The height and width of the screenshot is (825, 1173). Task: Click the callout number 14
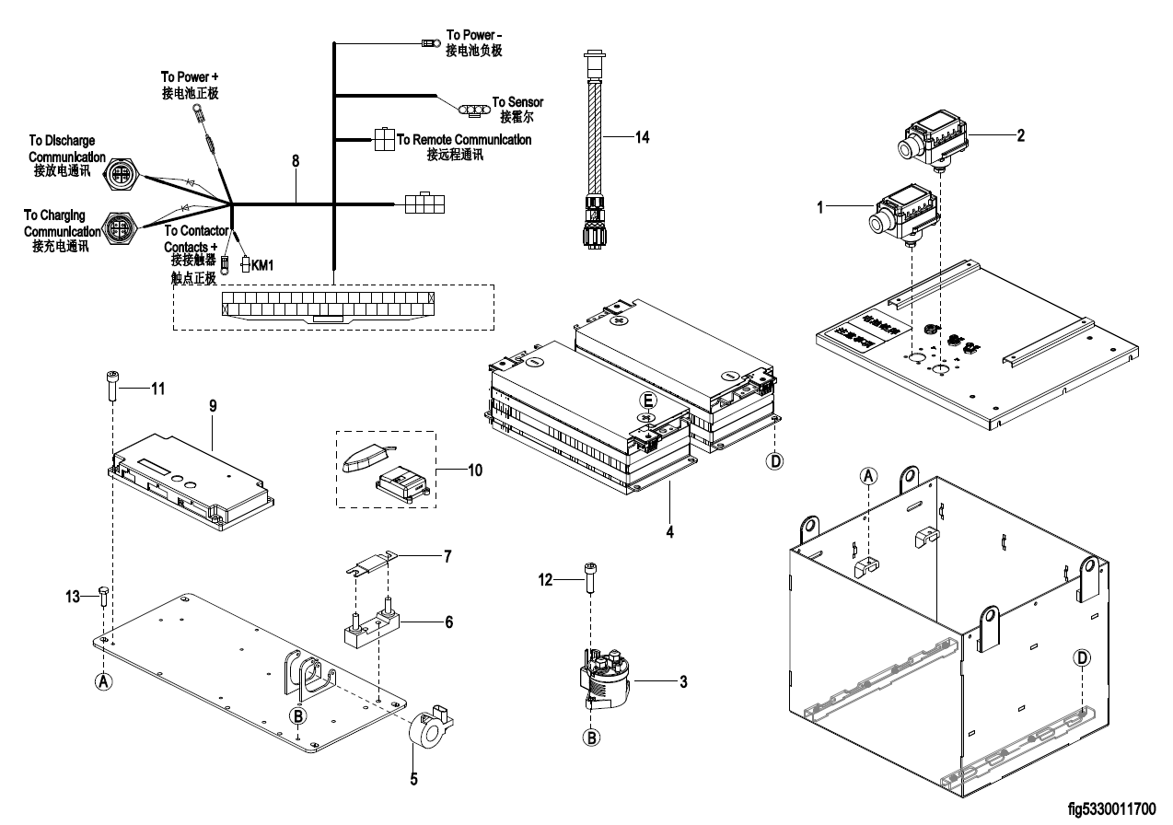642,136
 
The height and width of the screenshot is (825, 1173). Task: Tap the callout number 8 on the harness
296,160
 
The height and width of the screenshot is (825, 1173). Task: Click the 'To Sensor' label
517,101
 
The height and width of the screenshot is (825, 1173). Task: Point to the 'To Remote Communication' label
464,140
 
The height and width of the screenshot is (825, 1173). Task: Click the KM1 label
263,265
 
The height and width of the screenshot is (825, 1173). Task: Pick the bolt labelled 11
110,384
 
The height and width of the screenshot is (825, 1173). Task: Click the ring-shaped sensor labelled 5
429,732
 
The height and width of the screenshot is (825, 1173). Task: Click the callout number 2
1020,134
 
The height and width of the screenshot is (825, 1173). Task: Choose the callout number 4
669,531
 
